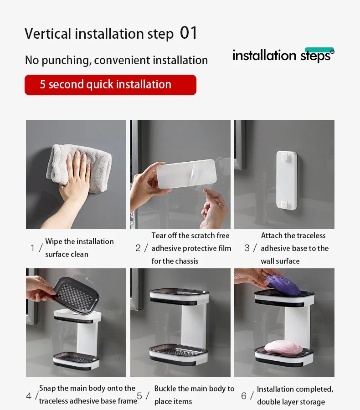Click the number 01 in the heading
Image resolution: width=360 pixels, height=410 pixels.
(188, 33)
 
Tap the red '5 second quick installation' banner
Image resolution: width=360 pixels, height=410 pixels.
(110, 85)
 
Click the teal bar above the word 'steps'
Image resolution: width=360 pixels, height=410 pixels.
(319, 50)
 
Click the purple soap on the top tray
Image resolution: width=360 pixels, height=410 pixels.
(283, 285)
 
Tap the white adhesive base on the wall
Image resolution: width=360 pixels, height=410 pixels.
(287, 180)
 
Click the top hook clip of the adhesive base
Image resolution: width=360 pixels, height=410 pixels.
(285, 157)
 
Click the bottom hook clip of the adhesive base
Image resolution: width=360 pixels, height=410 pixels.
(285, 205)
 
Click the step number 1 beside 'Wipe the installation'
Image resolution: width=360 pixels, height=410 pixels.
(32, 248)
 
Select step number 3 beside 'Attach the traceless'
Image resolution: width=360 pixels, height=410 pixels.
(247, 248)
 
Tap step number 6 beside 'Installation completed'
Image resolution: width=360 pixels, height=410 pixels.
(244, 395)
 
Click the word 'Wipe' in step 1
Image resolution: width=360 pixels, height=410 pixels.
(54, 241)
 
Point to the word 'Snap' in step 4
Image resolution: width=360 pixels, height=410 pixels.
(47, 388)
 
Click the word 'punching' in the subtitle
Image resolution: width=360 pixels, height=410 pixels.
(67, 61)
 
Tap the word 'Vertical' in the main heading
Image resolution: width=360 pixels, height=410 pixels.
(48, 34)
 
